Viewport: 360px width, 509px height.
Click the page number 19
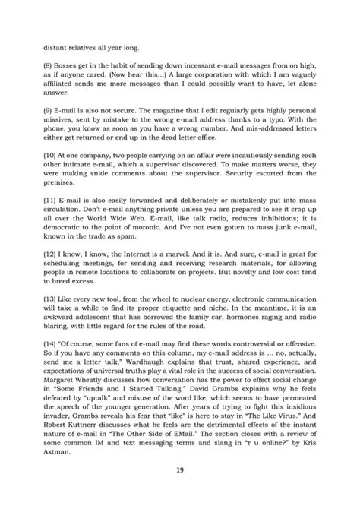coord(180,471)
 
